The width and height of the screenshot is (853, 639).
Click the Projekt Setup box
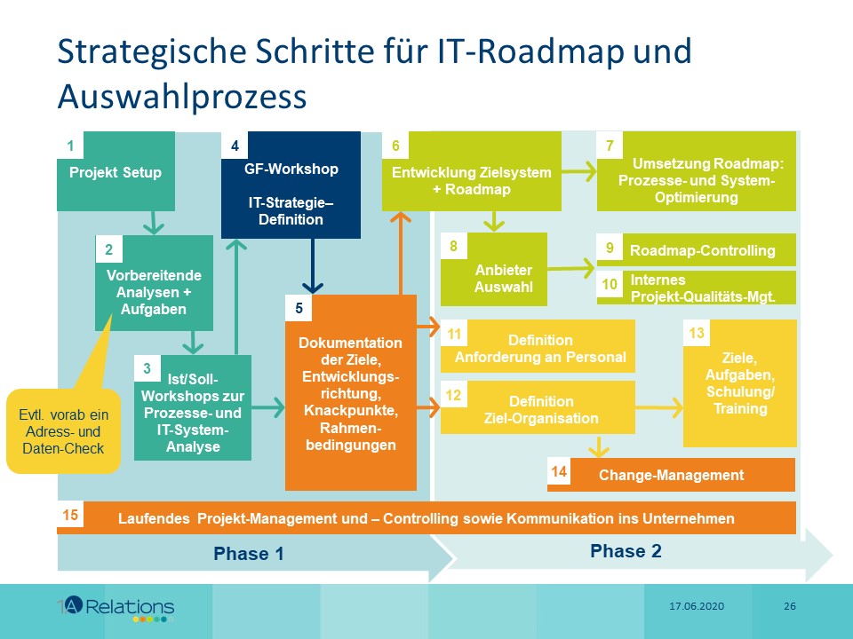point(116,172)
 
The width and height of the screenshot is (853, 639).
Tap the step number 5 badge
point(299,309)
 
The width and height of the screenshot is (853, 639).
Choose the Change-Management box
point(671,475)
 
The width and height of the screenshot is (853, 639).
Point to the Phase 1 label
point(248,554)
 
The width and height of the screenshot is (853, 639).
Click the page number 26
point(789,606)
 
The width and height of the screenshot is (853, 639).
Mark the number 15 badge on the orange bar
point(71,515)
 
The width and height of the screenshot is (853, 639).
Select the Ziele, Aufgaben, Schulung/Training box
point(740,383)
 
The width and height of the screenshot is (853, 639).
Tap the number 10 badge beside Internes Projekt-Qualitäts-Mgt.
point(610,286)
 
